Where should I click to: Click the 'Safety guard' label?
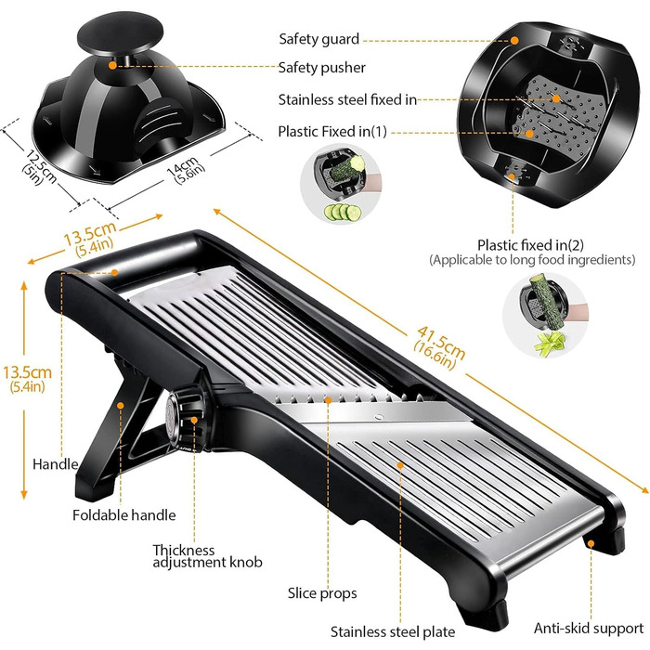pos(318,39)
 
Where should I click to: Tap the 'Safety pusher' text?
pos(321,68)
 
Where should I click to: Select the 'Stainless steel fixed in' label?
pos(347,100)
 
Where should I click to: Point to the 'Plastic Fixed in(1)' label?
pos(332,132)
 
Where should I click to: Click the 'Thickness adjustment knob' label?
pos(207,556)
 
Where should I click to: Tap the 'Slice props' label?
pos(322,593)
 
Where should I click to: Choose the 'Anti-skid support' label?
pos(589,629)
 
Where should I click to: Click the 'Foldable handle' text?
pos(123,515)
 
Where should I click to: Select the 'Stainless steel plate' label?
pos(393,632)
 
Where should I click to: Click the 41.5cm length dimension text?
pos(439,347)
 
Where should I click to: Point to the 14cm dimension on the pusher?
pos(186,170)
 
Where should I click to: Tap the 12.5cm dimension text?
pos(38,167)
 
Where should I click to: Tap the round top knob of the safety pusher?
pos(120,32)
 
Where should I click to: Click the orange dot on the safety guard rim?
pos(514,40)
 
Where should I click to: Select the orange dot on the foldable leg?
pos(120,405)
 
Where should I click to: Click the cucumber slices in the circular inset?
pos(343,213)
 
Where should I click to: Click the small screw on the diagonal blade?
pos(378,417)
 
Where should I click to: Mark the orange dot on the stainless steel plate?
pos(400,465)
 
